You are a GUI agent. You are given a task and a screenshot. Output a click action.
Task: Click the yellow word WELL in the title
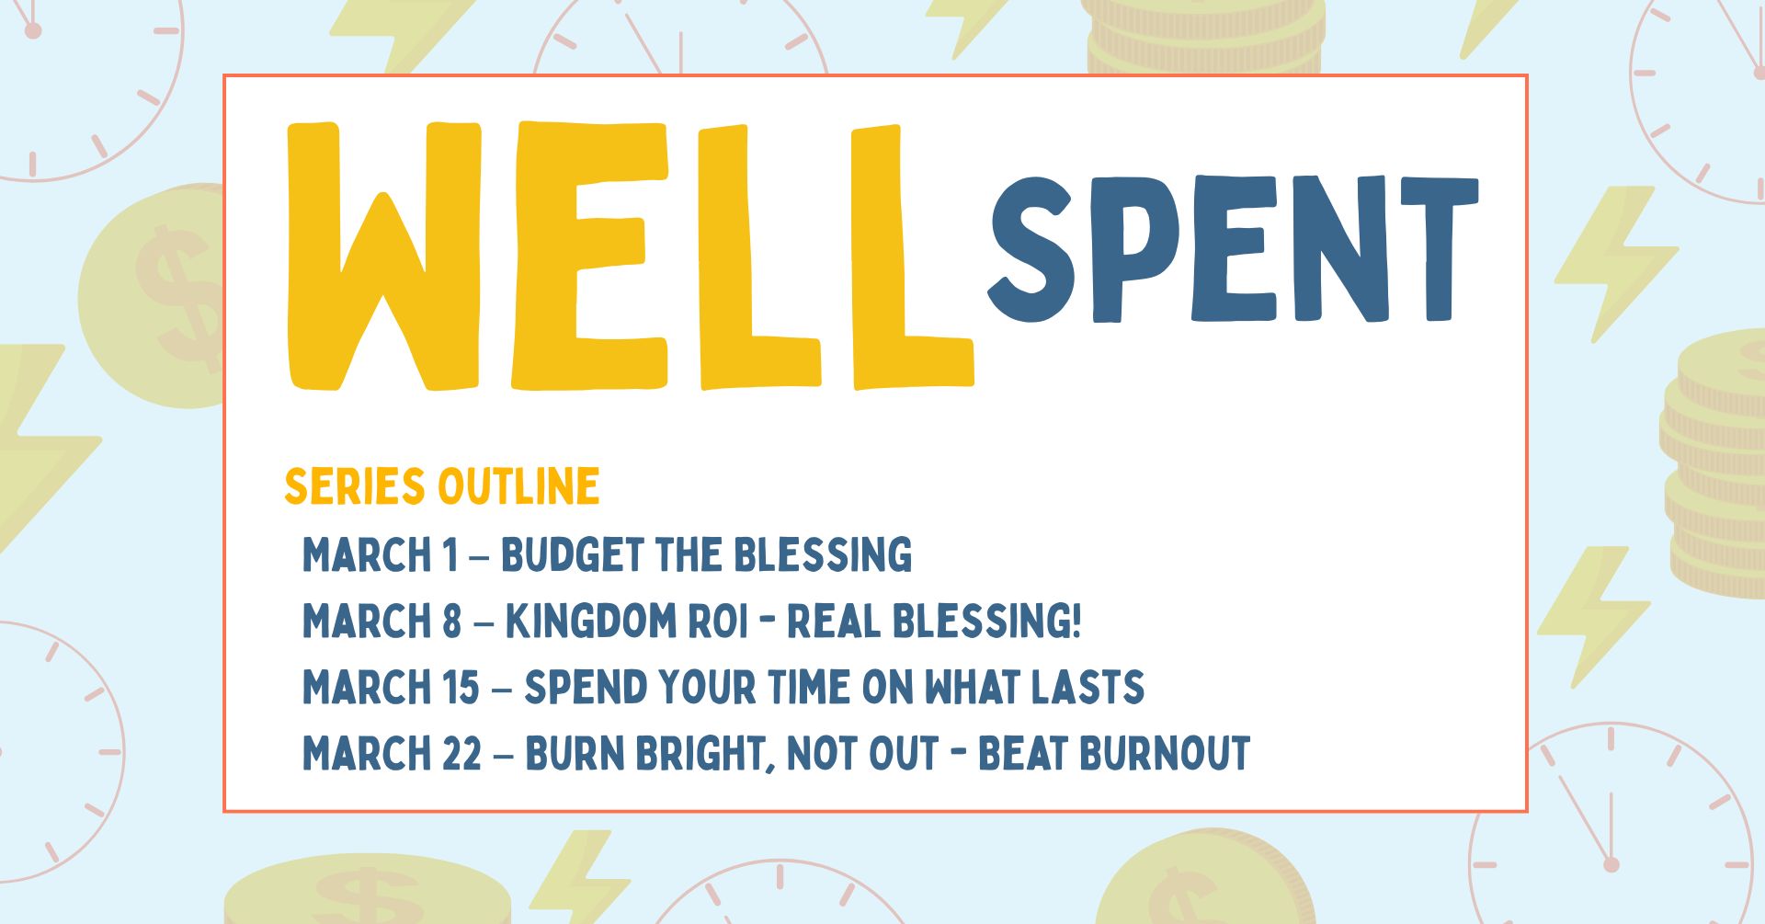[631, 256]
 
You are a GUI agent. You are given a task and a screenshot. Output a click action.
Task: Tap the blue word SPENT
[1233, 248]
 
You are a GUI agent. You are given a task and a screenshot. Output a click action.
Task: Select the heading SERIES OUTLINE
[442, 486]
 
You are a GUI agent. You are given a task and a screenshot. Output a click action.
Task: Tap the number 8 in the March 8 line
[450, 621]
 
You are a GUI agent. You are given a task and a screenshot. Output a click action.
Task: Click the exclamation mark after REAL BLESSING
[1076, 621]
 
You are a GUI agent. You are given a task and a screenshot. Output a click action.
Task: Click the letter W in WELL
[384, 256]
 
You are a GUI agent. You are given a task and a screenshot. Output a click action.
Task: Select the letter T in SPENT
[1440, 248]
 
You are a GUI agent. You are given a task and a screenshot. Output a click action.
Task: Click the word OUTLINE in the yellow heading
[519, 486]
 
